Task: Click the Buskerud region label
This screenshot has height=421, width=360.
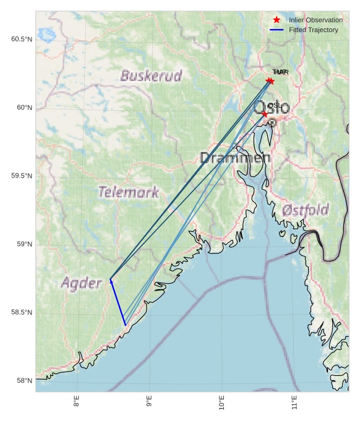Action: (151, 76)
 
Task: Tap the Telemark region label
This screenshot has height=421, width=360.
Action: (129, 192)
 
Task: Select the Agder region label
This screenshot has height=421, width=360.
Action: (81, 284)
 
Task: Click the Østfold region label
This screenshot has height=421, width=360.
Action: (305, 211)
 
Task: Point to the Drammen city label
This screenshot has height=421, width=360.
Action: (235, 158)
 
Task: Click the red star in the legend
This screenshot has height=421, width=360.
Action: (276, 20)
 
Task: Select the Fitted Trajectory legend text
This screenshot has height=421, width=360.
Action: (314, 30)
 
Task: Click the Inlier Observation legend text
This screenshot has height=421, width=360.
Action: (315, 20)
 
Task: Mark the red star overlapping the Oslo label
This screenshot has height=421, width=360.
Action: (265, 114)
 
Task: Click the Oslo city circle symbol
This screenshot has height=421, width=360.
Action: (272, 123)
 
